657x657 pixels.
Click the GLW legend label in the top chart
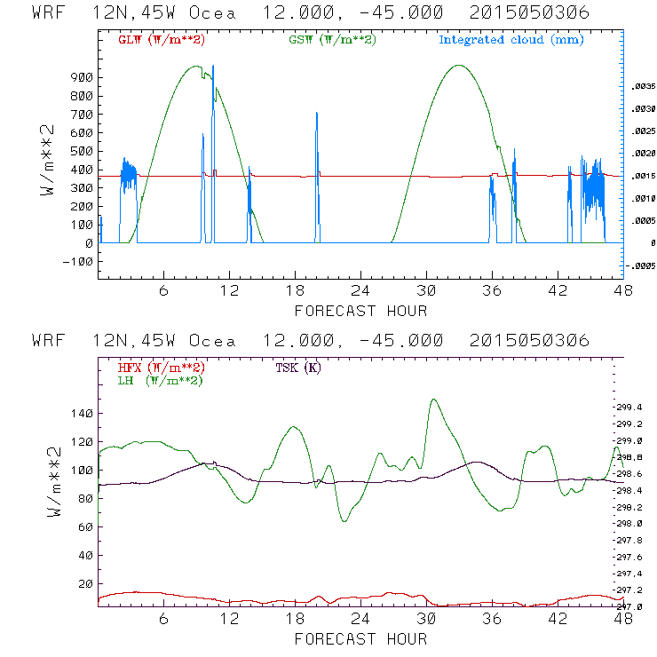point(159,40)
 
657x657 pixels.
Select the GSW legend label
point(333,40)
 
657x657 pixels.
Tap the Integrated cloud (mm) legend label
point(511,40)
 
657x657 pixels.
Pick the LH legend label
point(160,380)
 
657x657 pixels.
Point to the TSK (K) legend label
point(298,368)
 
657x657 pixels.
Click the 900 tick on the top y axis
point(80,78)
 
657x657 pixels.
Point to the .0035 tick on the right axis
point(642,87)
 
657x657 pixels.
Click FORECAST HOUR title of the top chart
point(360,311)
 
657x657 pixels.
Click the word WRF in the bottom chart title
point(50,341)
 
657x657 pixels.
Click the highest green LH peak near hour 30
point(433,400)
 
